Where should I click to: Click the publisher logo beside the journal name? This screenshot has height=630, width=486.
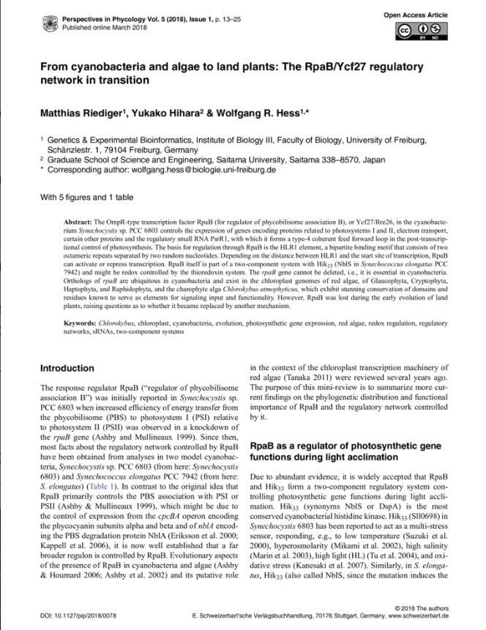[x=51, y=18]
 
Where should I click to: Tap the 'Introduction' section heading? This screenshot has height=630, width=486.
[x=67, y=368]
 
